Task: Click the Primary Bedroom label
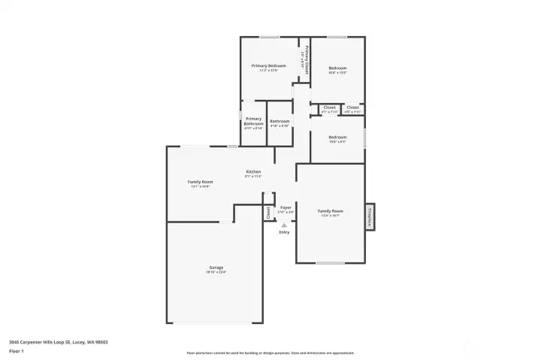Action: pyautogui.click(x=268, y=66)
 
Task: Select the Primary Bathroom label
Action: pyautogui.click(x=253, y=121)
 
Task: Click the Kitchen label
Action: pyautogui.click(x=253, y=172)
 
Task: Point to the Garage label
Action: pyautogui.click(x=216, y=268)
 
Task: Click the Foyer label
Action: pyautogui.click(x=286, y=207)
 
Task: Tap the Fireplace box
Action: pyautogui.click(x=370, y=216)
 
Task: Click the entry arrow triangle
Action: pyautogui.click(x=284, y=224)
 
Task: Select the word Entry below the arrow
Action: pyautogui.click(x=284, y=232)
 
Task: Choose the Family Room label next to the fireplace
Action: pyautogui.click(x=329, y=211)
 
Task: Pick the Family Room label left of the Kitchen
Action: pyautogui.click(x=200, y=182)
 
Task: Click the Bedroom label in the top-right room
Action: pyautogui.click(x=337, y=68)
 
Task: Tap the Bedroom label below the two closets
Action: pyautogui.click(x=337, y=138)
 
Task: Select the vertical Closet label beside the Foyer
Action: pyautogui.click(x=267, y=213)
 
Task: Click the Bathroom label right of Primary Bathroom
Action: pyautogui.click(x=280, y=121)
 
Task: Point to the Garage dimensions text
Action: pyautogui.click(x=216, y=272)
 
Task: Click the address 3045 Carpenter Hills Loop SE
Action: pyautogui.click(x=58, y=342)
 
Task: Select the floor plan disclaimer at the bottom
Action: pyautogui.click(x=270, y=352)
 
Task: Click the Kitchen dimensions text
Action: pyautogui.click(x=253, y=177)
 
